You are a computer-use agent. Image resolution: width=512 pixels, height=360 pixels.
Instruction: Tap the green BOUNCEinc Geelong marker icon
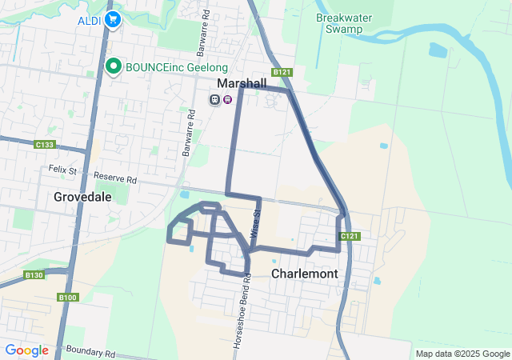(114, 67)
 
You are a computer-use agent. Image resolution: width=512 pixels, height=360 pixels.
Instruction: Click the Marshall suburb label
(242, 83)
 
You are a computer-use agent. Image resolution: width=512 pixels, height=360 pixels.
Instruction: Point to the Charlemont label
(304, 274)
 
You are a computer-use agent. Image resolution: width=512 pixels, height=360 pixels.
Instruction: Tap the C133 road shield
(45, 145)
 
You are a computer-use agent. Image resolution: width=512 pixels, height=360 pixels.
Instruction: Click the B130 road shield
(34, 275)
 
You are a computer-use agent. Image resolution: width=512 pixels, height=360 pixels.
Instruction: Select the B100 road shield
(68, 298)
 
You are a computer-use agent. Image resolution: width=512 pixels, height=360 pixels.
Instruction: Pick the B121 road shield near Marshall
(281, 72)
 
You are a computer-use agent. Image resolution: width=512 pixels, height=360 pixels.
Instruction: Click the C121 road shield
(349, 236)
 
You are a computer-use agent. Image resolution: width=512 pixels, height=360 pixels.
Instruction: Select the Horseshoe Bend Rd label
(238, 317)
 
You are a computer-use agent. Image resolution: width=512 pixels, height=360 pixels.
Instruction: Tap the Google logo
(26, 350)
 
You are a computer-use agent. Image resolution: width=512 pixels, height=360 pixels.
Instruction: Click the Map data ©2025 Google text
(462, 354)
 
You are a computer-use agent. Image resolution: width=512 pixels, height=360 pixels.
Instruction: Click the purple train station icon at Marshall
(228, 99)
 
